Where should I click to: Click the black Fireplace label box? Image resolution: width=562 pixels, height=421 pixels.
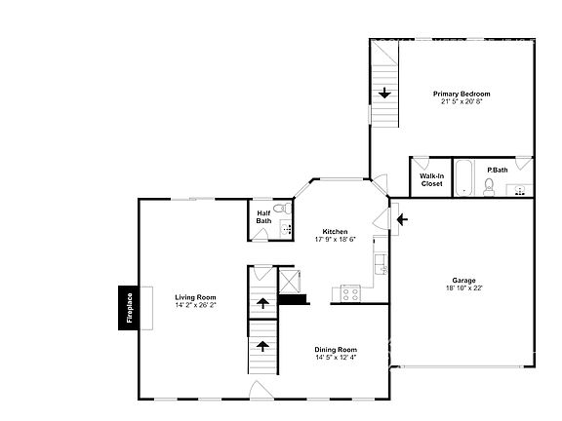[127, 308]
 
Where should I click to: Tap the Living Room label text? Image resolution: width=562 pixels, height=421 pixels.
[195, 297]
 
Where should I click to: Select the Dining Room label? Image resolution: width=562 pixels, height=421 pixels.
[335, 349]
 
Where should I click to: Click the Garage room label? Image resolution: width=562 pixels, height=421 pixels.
[463, 281]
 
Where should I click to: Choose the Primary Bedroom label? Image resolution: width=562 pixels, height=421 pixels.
[462, 94]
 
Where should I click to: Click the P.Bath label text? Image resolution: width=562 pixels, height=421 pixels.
[498, 171]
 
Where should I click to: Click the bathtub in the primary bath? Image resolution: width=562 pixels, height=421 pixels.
[464, 178]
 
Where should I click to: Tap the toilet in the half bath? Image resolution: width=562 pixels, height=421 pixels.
[281, 209]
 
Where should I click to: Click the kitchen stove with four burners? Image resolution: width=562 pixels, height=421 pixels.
[349, 292]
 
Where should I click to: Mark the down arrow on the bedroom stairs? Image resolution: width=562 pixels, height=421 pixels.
[385, 94]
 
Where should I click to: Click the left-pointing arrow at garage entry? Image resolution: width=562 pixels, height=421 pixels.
[403, 220]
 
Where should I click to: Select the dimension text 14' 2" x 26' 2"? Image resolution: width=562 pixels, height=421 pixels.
[195, 305]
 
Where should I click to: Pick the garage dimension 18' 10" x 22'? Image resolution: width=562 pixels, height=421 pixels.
[463, 288]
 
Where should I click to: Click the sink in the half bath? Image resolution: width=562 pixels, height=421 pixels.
[286, 229]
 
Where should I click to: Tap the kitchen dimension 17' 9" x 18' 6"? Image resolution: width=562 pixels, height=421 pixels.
[335, 239]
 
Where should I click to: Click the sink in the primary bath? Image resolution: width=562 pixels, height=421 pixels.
[521, 188]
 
